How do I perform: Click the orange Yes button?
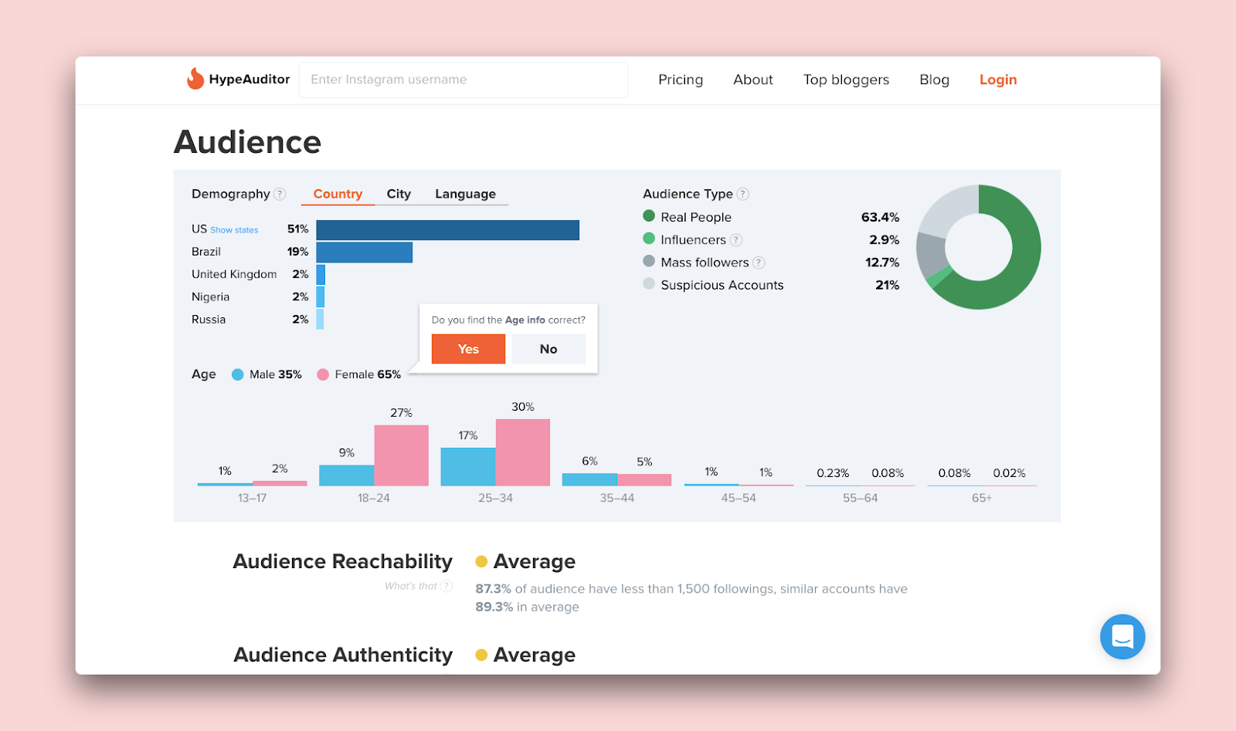pos(468,349)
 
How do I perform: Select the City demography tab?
pos(399,194)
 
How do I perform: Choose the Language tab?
pos(465,194)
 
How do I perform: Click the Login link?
pos(997,80)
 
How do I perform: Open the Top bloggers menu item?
pos(846,80)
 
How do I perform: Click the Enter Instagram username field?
pos(463,80)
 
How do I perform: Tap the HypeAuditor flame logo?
pos(195,79)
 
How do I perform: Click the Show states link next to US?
pos(234,230)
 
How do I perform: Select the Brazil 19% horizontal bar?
pos(364,252)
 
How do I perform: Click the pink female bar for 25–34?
pos(523,452)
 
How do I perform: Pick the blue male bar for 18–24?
pos(346,475)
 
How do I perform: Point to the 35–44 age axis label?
pos(616,498)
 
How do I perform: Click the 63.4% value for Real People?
pos(880,217)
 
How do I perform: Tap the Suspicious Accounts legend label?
pos(722,285)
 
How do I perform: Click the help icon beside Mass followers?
pos(759,262)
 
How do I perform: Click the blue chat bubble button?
pos(1122,637)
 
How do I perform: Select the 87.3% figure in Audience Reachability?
pos(493,589)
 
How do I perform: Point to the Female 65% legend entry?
pos(359,374)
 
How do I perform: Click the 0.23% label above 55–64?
pos(833,473)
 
